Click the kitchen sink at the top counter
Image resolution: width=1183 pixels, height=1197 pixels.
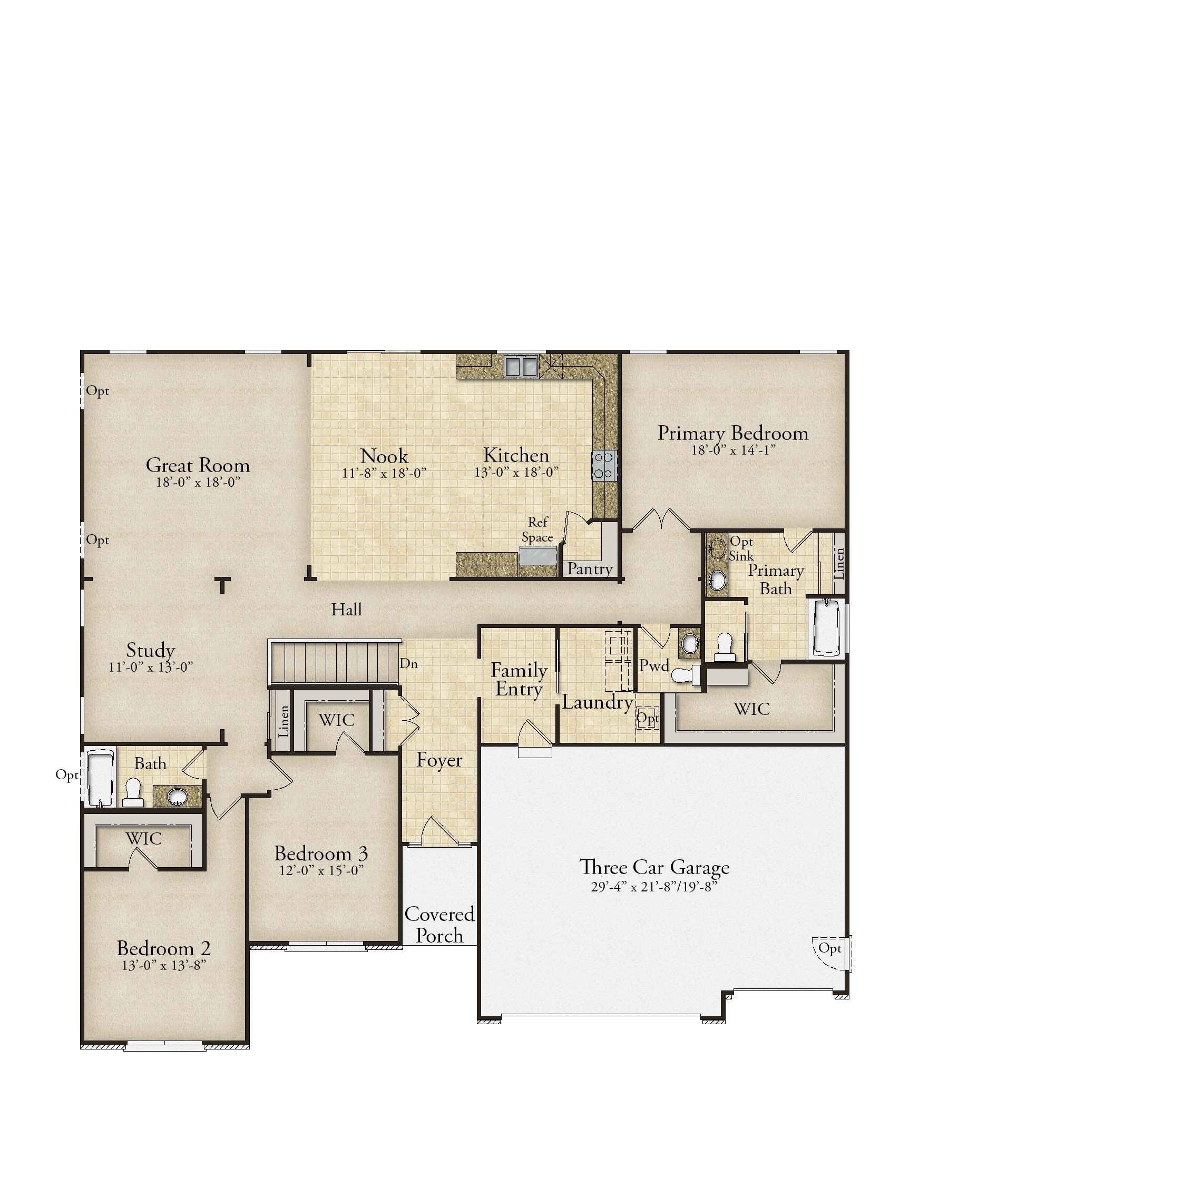[x=521, y=366]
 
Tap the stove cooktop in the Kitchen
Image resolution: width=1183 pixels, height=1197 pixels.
[x=604, y=465]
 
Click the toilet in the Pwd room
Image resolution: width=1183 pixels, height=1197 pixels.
[x=688, y=675]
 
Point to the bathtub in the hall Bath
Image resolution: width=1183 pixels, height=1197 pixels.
[x=101, y=778]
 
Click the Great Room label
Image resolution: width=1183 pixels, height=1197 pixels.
[x=198, y=465]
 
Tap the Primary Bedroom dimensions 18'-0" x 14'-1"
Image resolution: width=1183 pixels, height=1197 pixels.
[x=733, y=450]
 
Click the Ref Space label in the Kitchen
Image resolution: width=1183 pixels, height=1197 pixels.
[x=537, y=529]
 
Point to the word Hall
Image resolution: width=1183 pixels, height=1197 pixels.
[x=346, y=610]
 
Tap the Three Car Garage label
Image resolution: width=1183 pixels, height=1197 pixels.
[x=654, y=867]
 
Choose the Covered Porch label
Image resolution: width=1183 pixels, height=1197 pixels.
[x=439, y=925]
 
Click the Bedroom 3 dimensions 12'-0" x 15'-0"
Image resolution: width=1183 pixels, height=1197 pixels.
[x=321, y=870]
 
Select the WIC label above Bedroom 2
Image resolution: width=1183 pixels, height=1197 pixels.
[x=144, y=839]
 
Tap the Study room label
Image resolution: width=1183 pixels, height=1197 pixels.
[x=151, y=650]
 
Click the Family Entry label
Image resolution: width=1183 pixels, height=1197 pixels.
[x=519, y=680]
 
